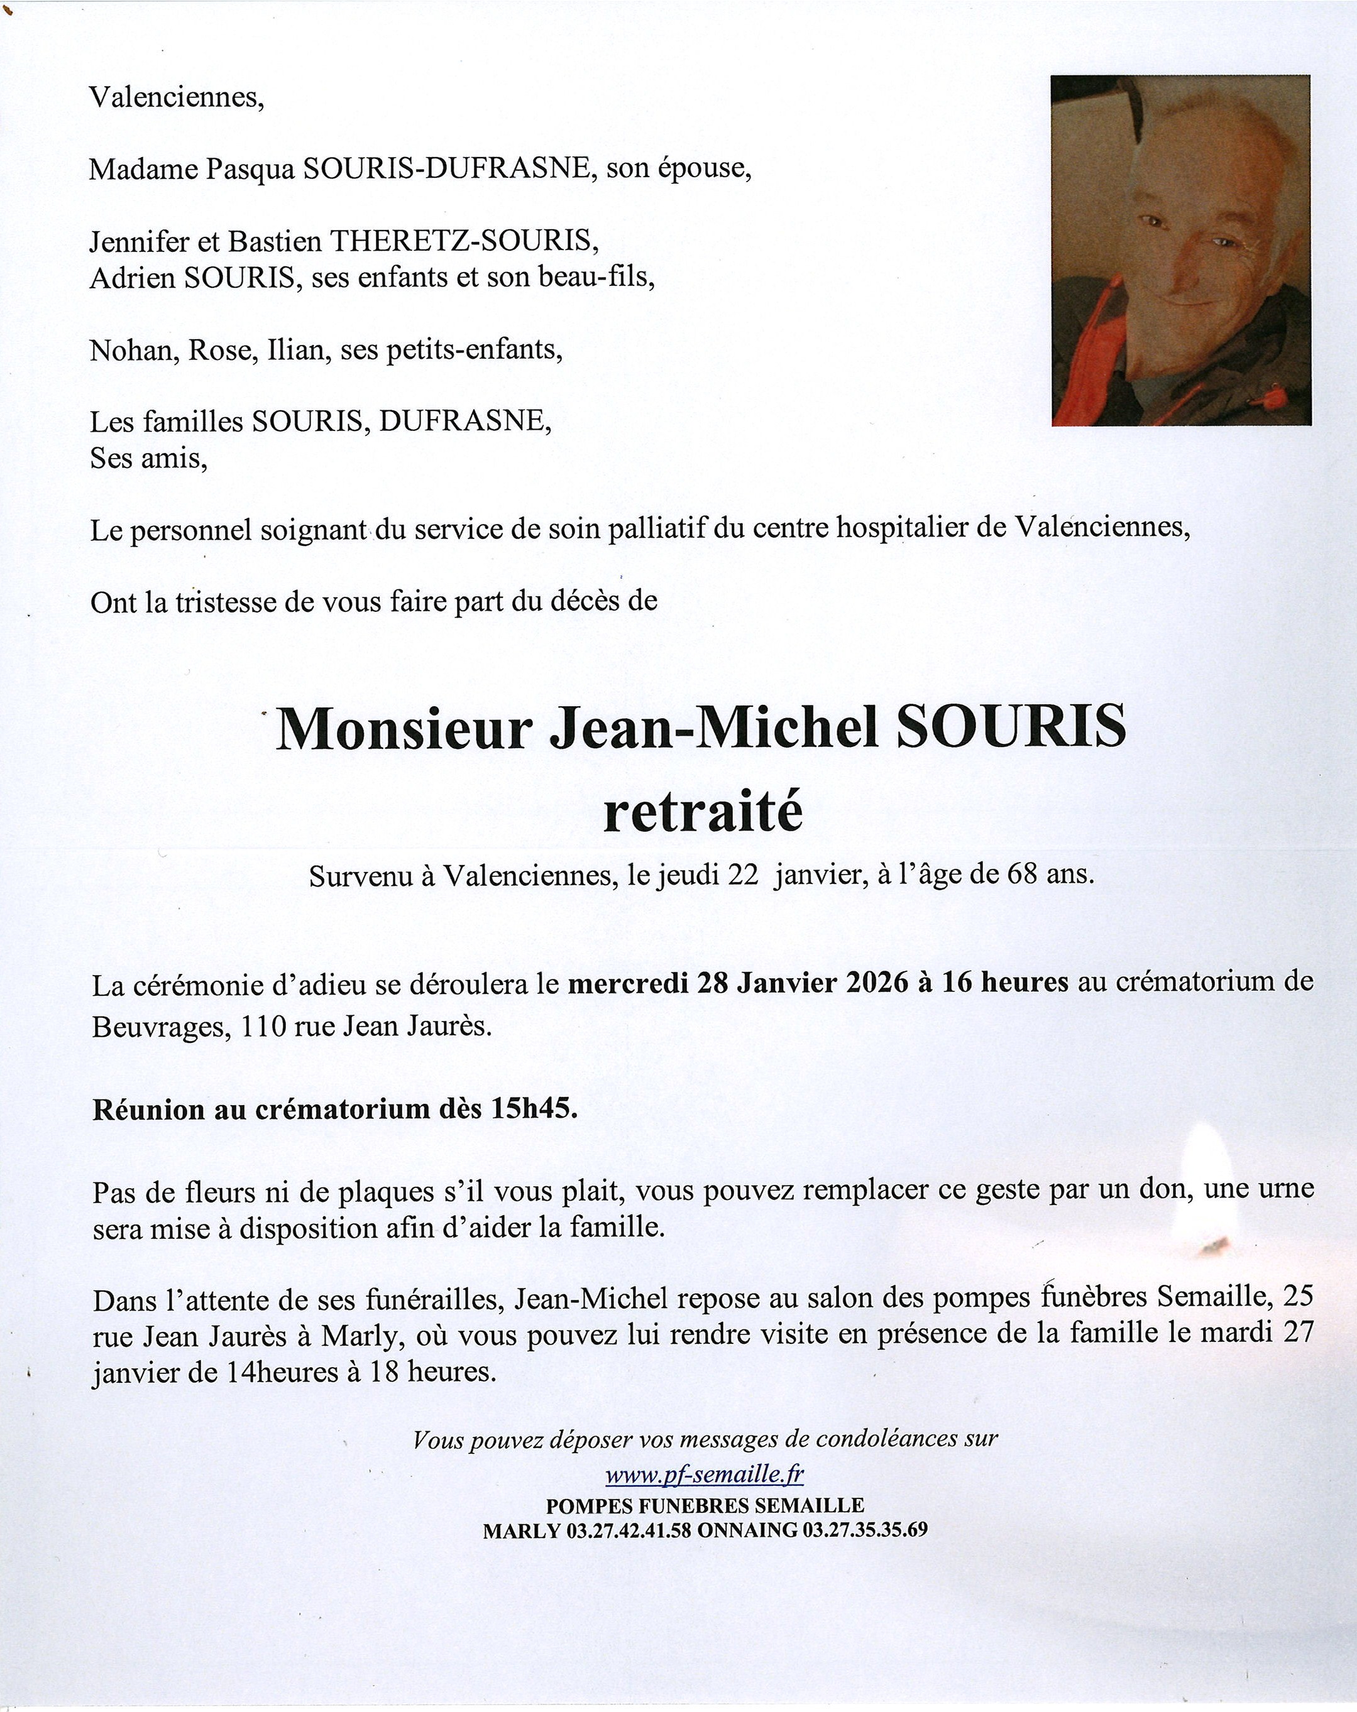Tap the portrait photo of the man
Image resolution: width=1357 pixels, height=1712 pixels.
[x=1180, y=250]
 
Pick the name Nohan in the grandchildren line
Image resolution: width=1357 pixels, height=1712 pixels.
[x=132, y=350]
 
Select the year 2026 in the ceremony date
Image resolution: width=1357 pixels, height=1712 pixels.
[x=873, y=983]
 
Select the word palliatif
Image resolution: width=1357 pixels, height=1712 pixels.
[x=656, y=530]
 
